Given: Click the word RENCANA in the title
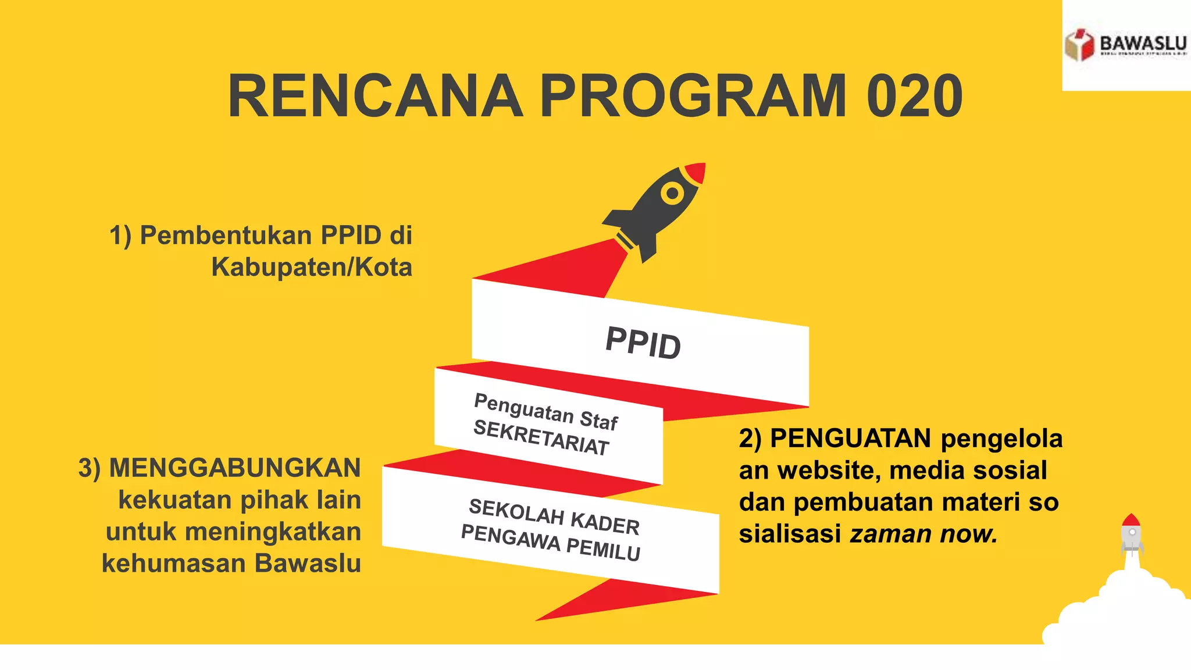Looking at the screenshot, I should (376, 96).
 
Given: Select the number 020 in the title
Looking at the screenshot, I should (914, 96).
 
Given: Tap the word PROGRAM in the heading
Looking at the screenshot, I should (693, 96).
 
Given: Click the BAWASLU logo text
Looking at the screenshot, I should (1143, 44).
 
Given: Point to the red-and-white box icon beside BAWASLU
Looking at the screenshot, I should (1079, 45).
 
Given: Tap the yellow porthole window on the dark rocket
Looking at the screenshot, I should (673, 193).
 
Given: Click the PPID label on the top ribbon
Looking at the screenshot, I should (643, 343).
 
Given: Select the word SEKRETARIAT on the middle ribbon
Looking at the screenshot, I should (541, 437).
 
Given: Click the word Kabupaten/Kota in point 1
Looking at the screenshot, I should (312, 267).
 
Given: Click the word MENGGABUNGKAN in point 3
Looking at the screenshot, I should (235, 468).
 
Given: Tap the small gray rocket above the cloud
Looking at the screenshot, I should (1131, 533).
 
